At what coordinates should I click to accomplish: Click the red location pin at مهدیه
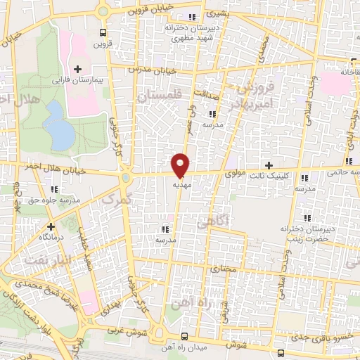pyautogui.click(x=180, y=165)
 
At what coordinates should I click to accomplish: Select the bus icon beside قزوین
pyautogui.click(x=104, y=32)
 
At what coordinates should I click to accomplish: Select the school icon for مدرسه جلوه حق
pyautogui.click(x=55, y=189)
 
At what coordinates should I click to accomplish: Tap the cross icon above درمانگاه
pyautogui.click(x=51, y=226)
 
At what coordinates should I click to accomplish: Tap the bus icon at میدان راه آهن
pyautogui.click(x=184, y=336)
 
